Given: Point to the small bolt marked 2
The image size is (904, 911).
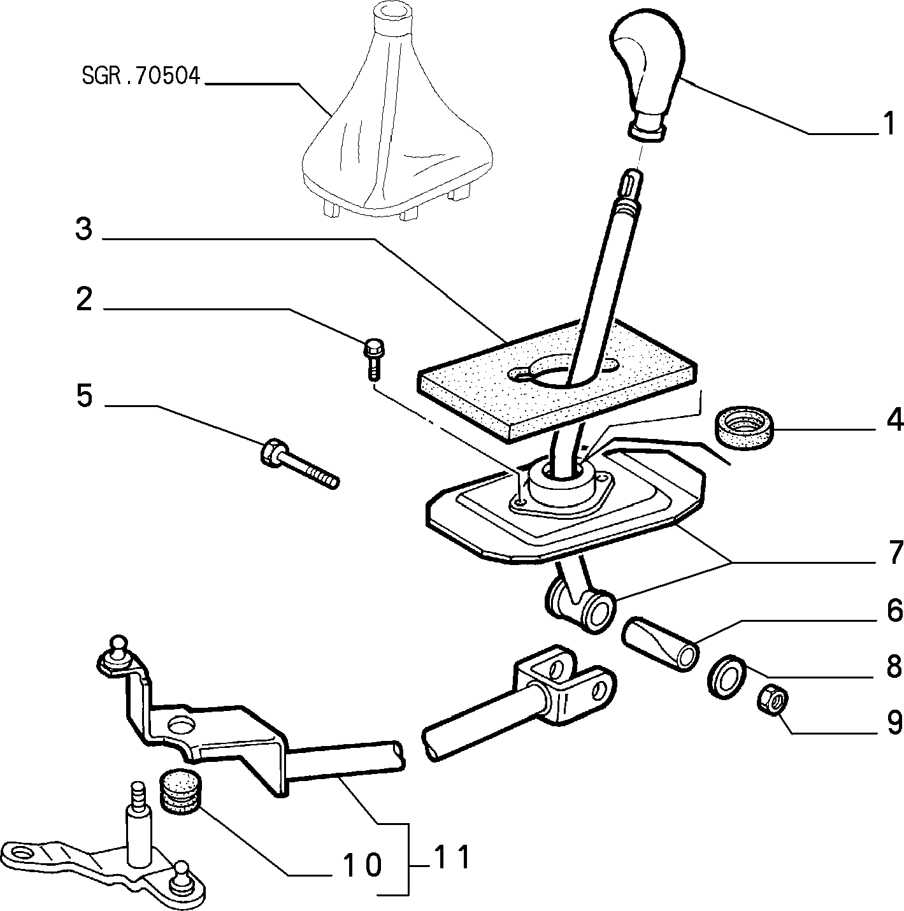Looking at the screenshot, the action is [373, 360].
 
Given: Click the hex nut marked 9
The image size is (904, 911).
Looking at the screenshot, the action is [773, 702].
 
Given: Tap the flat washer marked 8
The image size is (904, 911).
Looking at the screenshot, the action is [727, 677].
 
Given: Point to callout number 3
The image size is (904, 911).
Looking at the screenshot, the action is [84, 229].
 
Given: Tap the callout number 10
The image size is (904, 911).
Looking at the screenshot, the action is [362, 865].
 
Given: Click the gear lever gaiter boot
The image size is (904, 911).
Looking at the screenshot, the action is [396, 113].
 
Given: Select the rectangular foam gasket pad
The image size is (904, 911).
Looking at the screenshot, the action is [557, 382].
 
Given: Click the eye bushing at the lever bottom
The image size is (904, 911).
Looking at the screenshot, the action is [580, 609].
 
